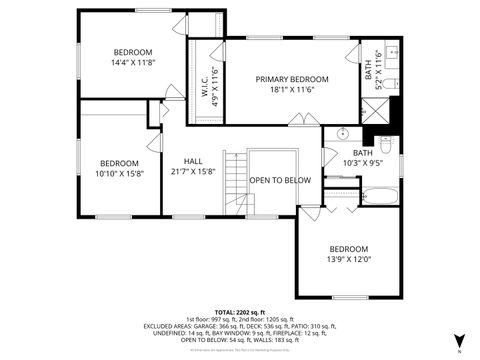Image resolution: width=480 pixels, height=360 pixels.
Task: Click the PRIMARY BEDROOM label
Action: pyautogui.click(x=291, y=79)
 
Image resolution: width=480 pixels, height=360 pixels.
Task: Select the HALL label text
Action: pyautogui.click(x=193, y=161)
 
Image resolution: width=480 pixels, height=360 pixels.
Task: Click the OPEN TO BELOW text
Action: pyautogui.click(x=280, y=180)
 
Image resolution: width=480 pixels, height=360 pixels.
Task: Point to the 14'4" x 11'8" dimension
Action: pyautogui.click(x=132, y=62)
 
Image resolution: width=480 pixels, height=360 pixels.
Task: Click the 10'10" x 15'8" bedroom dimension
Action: pyautogui.click(x=119, y=173)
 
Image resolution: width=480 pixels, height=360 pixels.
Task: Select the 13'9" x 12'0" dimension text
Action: pyautogui.click(x=350, y=258)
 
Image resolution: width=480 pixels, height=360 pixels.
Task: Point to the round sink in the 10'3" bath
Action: pyautogui.click(x=341, y=133)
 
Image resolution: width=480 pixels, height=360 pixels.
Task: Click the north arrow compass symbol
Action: pyautogui.click(x=459, y=341)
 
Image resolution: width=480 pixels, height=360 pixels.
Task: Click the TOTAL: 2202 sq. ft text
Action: pyautogui.click(x=239, y=312)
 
